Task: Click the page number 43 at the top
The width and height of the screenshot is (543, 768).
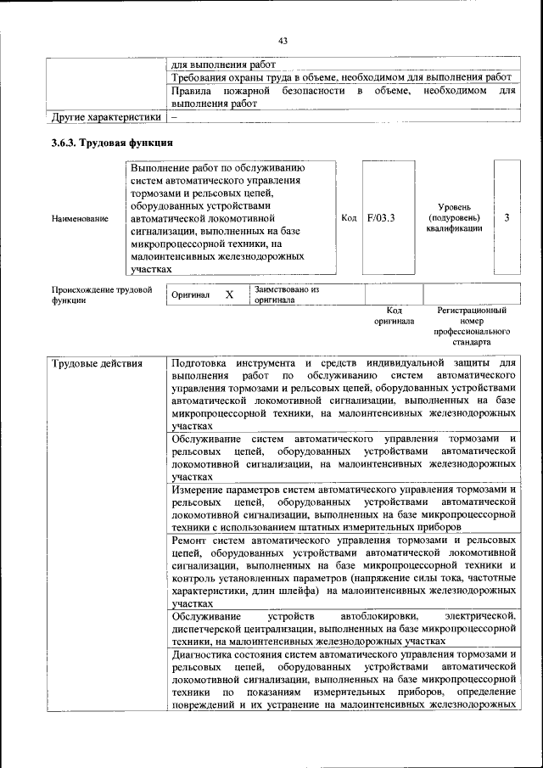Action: (x=283, y=40)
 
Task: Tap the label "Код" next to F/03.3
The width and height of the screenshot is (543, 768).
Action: (x=348, y=218)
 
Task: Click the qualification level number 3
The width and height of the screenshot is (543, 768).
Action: (x=507, y=218)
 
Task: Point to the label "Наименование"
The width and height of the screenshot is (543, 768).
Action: (x=80, y=218)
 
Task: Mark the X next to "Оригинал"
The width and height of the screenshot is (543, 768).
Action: (x=228, y=294)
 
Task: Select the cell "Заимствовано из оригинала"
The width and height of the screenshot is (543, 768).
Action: (x=285, y=294)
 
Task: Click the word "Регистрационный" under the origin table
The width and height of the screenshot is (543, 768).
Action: (x=472, y=311)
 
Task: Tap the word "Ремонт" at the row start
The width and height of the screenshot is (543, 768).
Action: (x=189, y=540)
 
